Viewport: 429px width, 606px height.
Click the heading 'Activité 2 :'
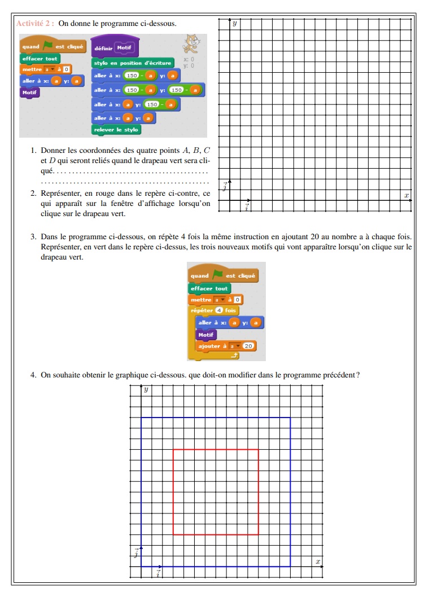(36, 23)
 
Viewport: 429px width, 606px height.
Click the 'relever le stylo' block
(116, 130)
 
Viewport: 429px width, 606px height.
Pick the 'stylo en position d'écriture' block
(133, 63)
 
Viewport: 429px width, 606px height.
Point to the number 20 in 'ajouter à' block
(248, 345)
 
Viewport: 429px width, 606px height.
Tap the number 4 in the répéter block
(218, 310)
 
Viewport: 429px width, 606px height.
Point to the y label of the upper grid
(234, 24)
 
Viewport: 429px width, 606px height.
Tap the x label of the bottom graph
(318, 561)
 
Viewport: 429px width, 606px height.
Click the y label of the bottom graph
(146, 389)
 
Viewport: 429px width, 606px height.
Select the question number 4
(33, 375)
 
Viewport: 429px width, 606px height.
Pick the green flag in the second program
(217, 275)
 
